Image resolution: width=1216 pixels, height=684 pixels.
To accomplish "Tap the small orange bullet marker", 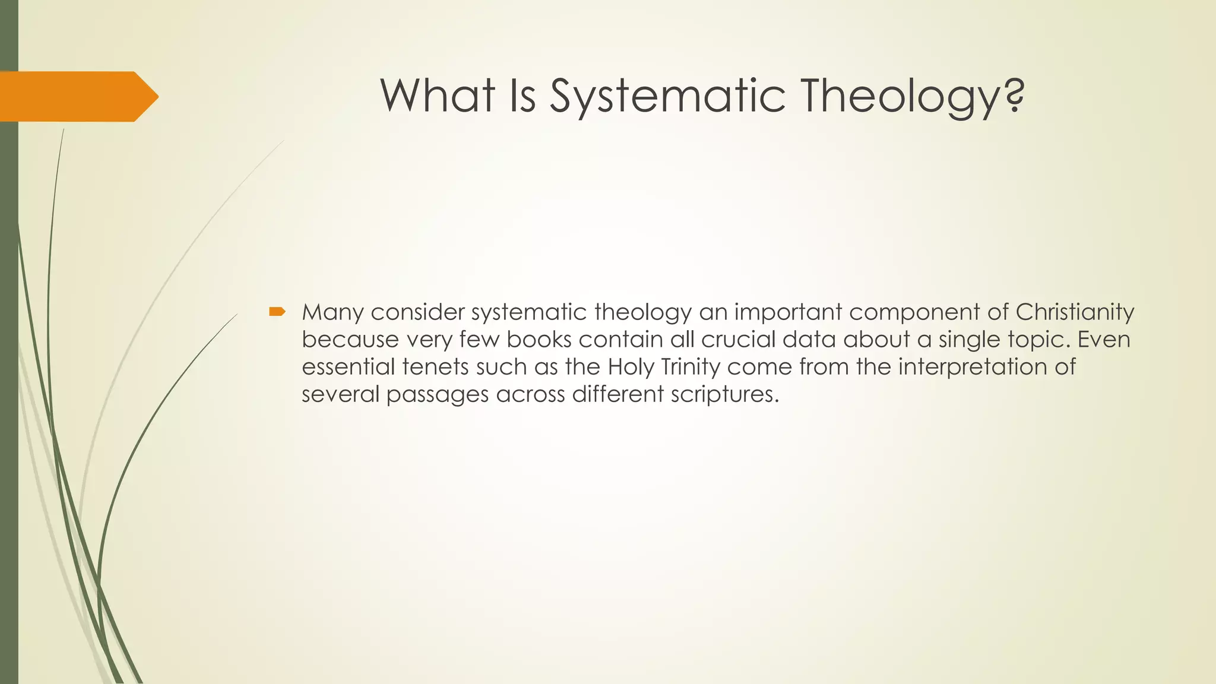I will [277, 311].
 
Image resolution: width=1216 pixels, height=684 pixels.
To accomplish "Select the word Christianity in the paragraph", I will [1075, 312].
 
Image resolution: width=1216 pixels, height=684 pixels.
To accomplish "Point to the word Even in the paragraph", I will [1104, 340].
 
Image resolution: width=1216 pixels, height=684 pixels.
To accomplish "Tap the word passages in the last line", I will [437, 394].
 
